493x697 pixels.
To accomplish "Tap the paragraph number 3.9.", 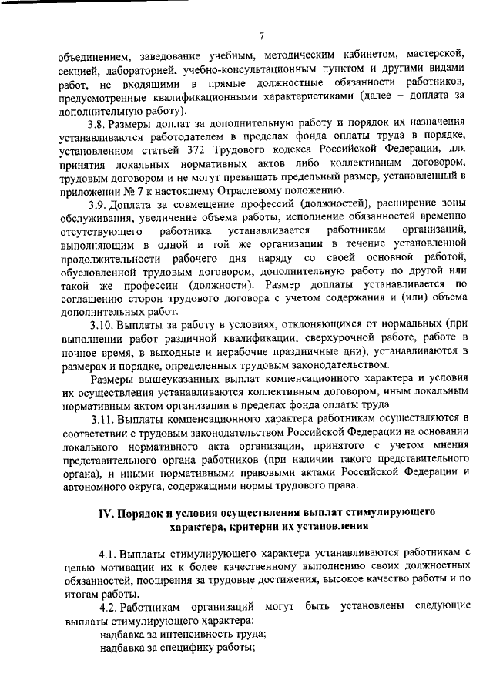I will click(x=101, y=204).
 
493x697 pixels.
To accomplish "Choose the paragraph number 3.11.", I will click(x=104, y=418).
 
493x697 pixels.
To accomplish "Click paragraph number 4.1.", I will click(x=111, y=553).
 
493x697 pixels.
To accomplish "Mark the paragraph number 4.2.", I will click(x=111, y=606).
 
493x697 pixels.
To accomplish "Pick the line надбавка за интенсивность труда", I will click(x=183, y=634).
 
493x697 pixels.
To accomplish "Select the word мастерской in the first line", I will click(x=436, y=55).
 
